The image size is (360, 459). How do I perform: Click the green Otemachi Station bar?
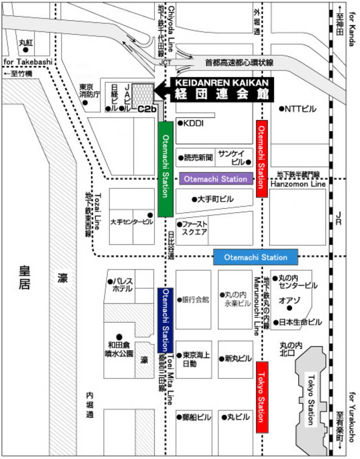point(165,169)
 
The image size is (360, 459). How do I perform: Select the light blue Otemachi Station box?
point(256,257)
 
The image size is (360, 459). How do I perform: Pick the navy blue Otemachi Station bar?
point(165,320)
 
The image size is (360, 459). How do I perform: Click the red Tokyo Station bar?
point(262,397)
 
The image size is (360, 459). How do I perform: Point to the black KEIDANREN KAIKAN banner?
point(222,89)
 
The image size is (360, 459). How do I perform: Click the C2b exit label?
point(147,109)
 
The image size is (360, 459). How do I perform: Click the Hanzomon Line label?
point(298,184)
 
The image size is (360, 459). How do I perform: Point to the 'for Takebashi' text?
point(28,62)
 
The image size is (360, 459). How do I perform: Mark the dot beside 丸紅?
point(26,50)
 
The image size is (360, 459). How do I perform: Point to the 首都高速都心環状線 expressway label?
point(239,63)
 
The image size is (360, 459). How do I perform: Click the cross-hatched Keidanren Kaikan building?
point(143,96)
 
